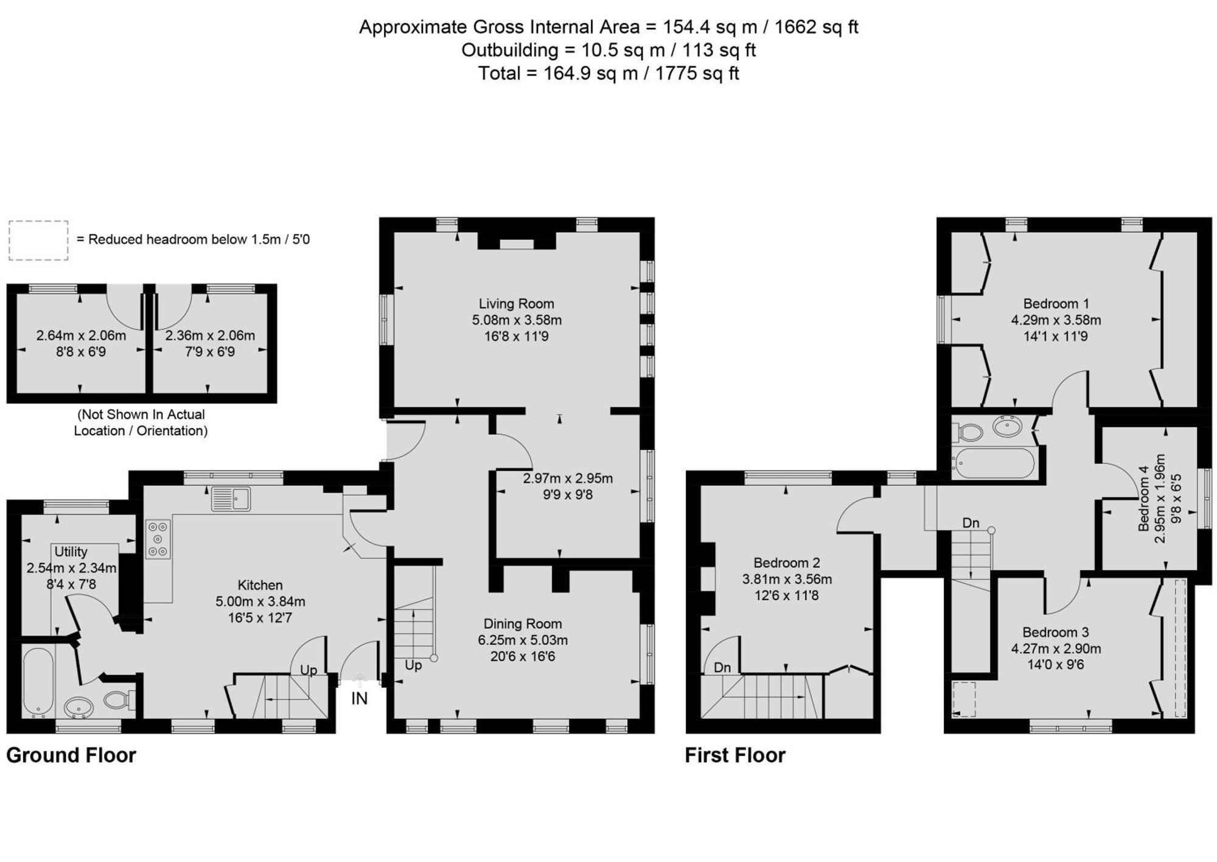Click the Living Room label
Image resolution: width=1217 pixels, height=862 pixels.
pos(516,304)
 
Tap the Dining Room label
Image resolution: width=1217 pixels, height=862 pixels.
pos(522,624)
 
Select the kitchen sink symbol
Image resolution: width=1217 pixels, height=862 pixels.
pos(231,499)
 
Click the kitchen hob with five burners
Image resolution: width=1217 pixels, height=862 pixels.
pos(158,539)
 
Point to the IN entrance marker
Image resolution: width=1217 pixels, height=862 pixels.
pos(360,698)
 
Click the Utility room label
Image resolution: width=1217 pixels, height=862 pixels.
pos(71,552)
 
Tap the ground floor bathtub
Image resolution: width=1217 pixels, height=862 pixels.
pos(38,682)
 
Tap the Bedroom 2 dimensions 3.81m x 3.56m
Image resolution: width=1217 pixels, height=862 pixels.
pos(787,580)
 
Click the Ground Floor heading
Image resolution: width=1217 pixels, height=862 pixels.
pos(71,755)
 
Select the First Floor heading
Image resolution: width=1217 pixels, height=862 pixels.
pos(735,755)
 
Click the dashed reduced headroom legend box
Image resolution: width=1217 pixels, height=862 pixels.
pos(38,240)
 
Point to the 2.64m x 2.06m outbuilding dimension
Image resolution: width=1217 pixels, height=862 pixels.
pos(81,335)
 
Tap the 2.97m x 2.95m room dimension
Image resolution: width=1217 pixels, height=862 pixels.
pos(568,478)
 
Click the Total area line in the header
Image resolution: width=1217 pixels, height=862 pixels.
pos(608,74)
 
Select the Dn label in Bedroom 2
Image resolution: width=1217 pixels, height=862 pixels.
pos(722,668)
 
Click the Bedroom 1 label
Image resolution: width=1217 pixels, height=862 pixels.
pos(1056,304)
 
